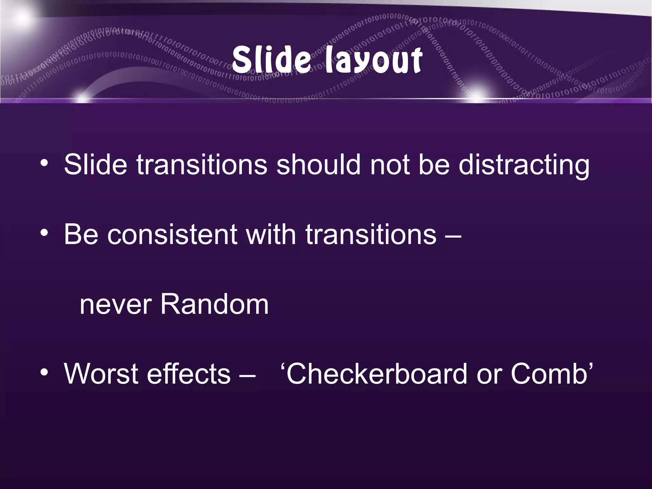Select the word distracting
(x=524, y=165)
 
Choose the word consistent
(x=173, y=235)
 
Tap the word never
(x=115, y=305)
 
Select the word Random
(x=214, y=304)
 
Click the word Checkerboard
(x=375, y=374)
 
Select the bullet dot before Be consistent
(x=44, y=233)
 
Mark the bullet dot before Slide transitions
(x=44, y=163)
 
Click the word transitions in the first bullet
(x=202, y=165)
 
